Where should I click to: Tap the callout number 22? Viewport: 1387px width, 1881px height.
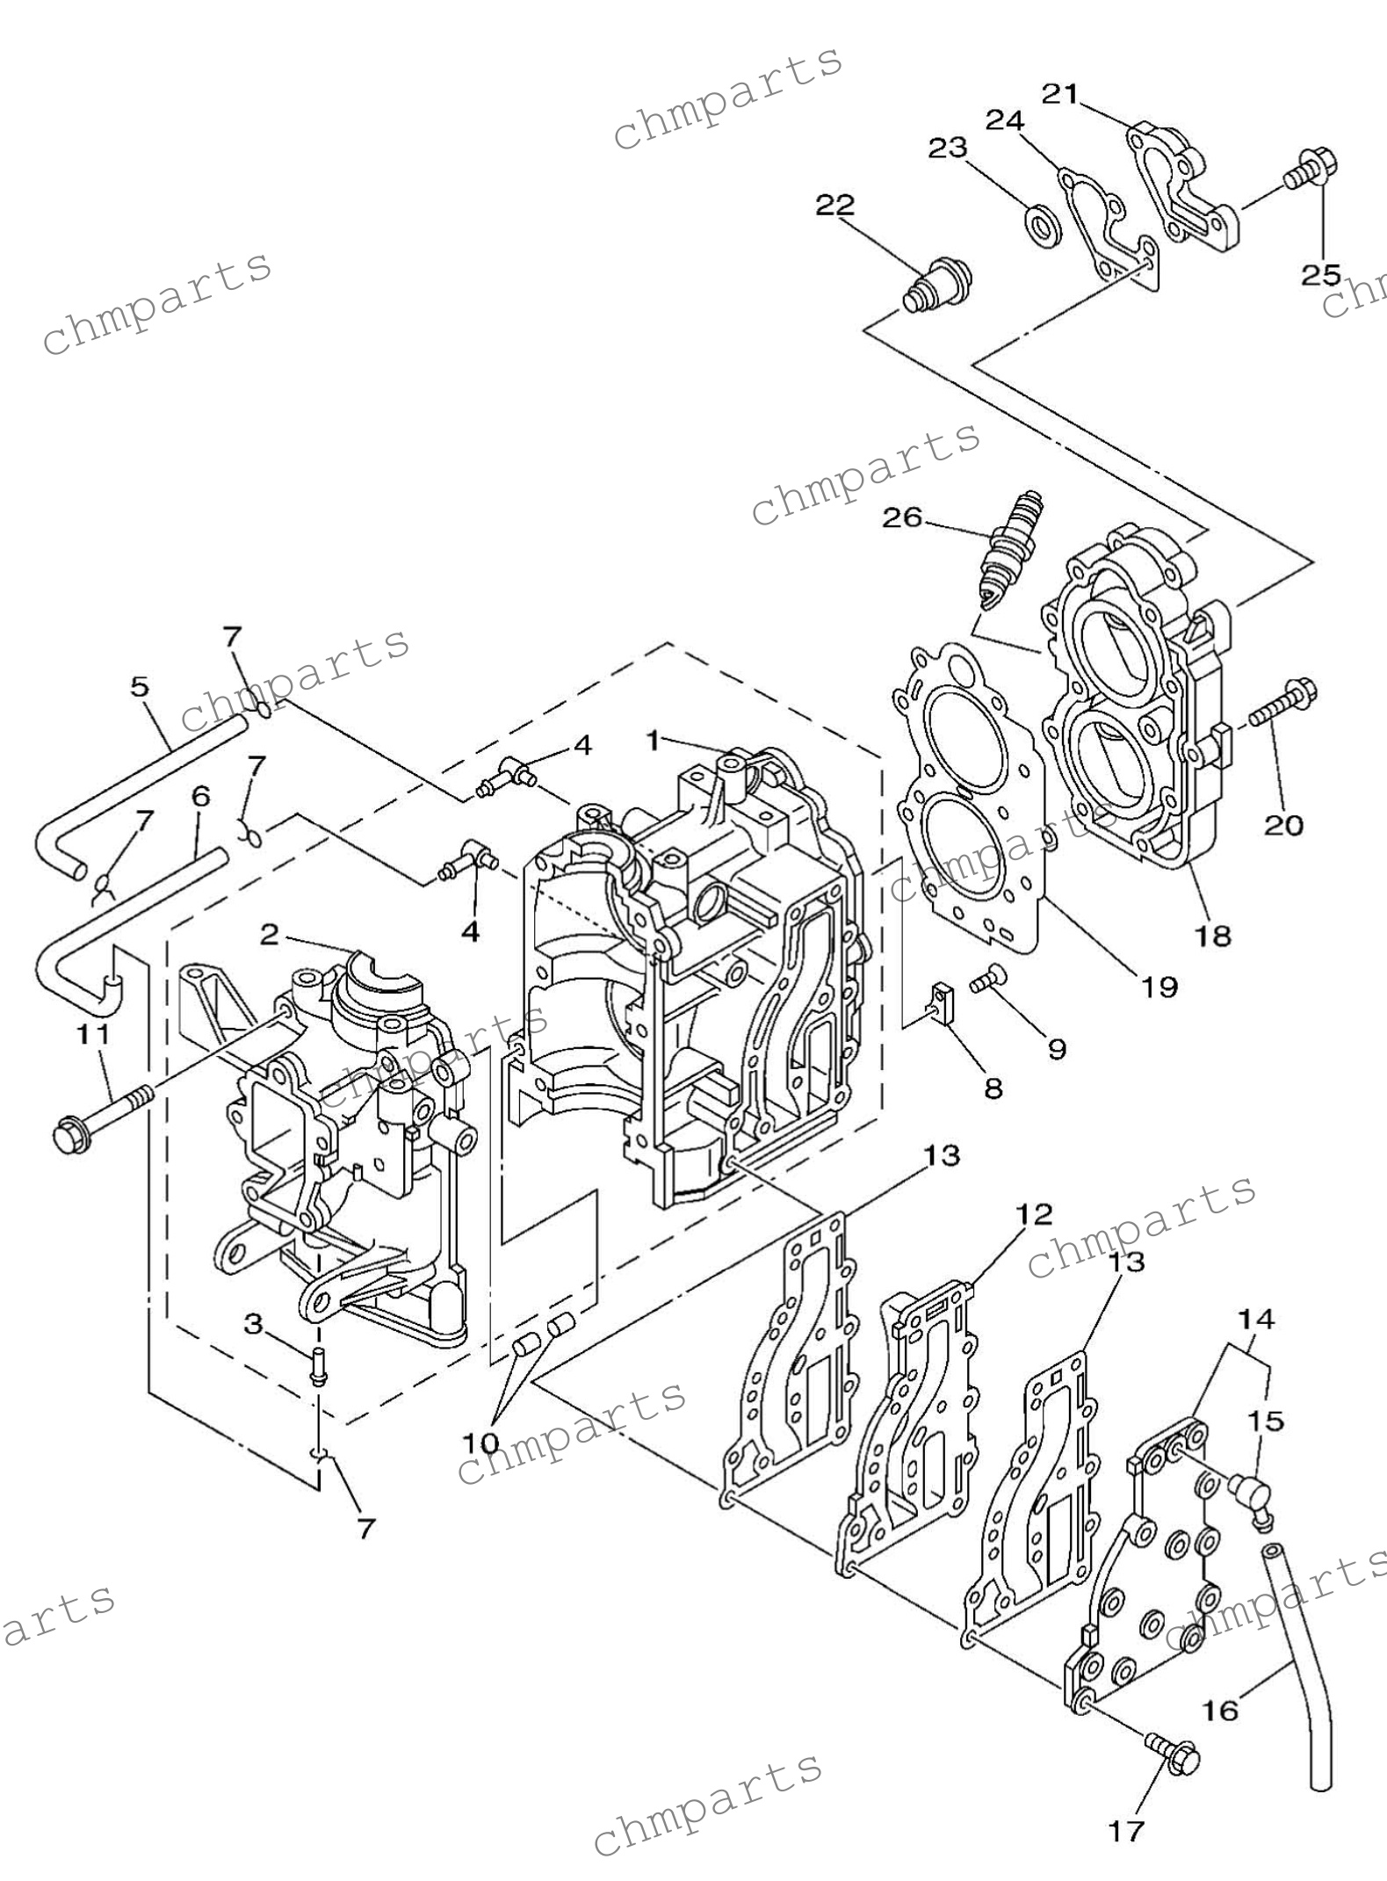[x=834, y=206]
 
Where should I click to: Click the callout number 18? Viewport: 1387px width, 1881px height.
[x=1212, y=936]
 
